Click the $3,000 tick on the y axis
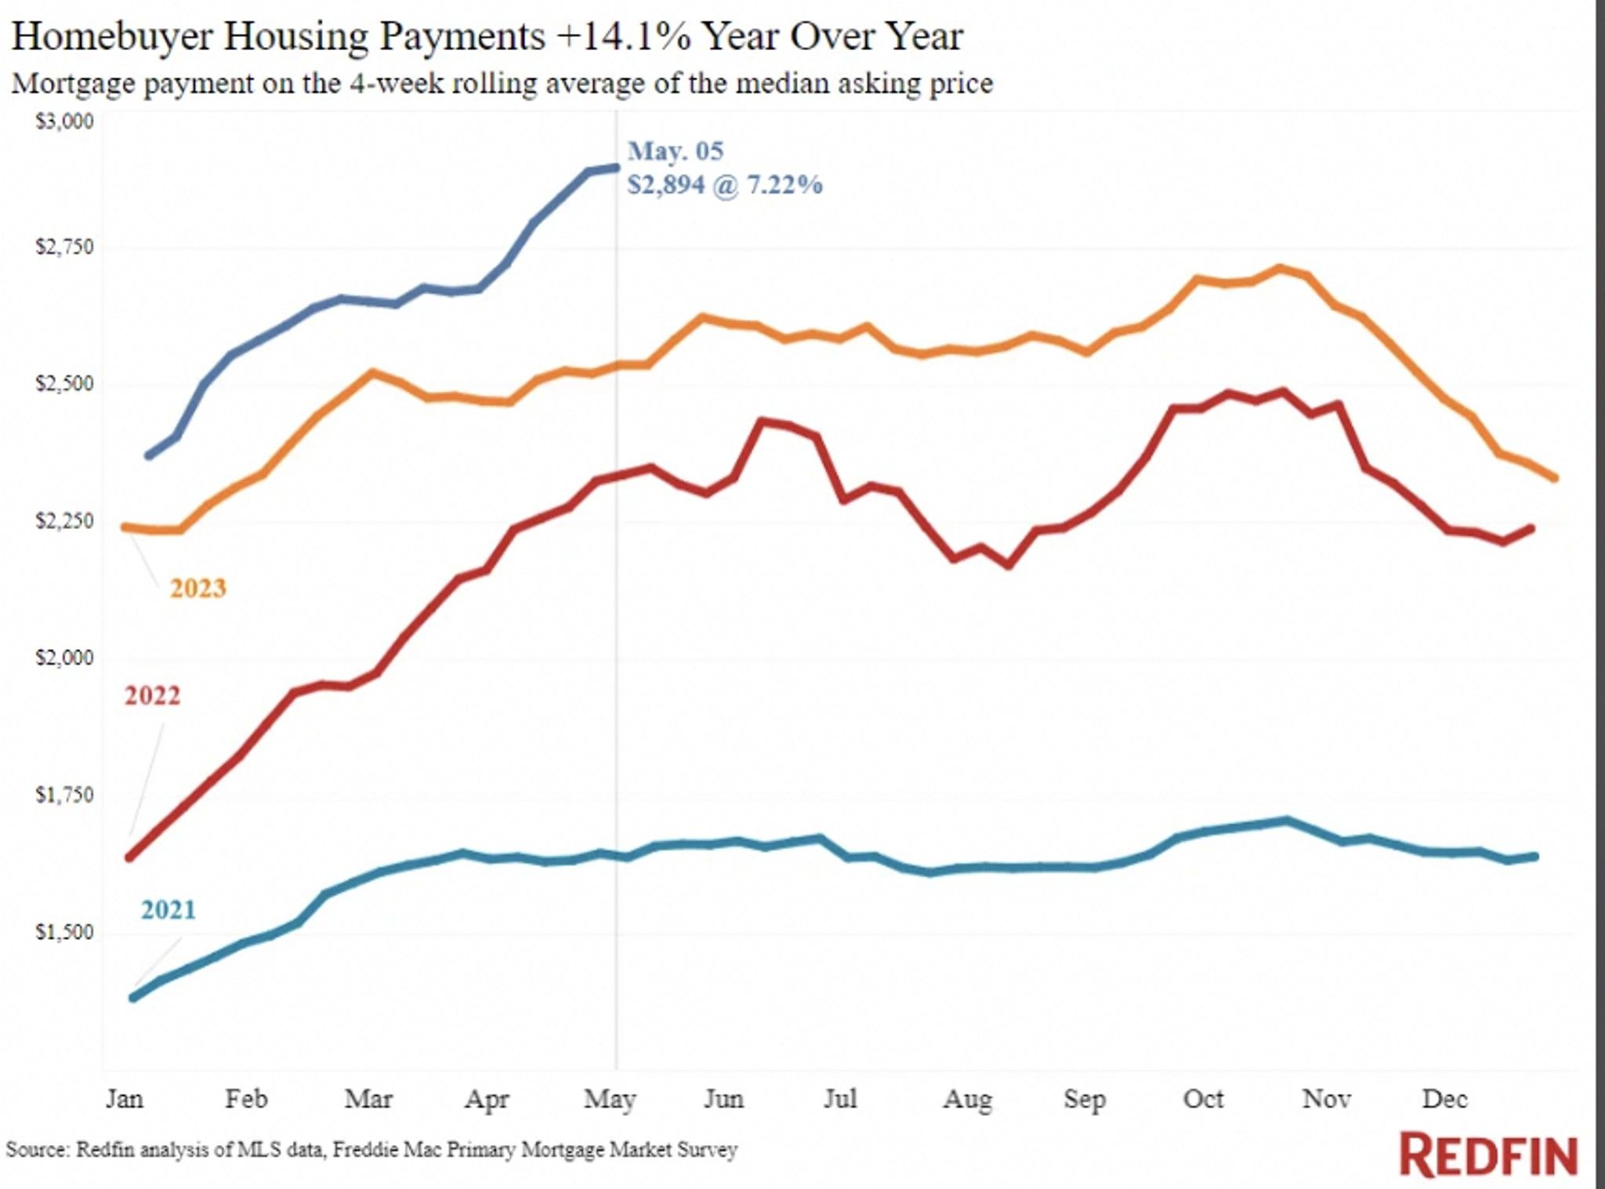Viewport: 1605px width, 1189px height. [64, 121]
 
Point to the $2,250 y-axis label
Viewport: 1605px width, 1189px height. [64, 520]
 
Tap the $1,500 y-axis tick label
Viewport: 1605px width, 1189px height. [64, 931]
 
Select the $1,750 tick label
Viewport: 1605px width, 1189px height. [64, 795]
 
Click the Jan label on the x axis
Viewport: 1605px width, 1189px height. [125, 1098]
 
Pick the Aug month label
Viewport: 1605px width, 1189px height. [967, 1100]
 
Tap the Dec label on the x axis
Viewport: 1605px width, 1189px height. [1444, 1098]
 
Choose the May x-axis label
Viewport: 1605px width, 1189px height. [610, 1100]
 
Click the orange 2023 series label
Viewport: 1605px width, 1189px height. [197, 588]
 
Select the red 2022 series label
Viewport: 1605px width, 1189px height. [152, 695]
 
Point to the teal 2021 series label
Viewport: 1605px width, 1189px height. [168, 909]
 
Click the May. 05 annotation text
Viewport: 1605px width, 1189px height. [676, 150]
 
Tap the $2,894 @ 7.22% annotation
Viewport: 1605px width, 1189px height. [725, 185]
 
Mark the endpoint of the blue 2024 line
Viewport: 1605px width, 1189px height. [616, 167]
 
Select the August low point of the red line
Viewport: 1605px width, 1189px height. [1008, 565]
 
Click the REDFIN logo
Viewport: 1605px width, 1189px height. [1488, 1155]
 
